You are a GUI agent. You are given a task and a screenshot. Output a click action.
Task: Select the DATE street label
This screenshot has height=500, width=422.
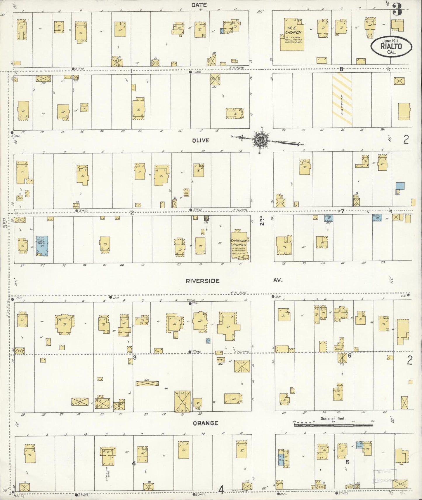(199, 5)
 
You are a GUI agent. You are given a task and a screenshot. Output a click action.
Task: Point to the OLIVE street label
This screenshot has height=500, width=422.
(201, 140)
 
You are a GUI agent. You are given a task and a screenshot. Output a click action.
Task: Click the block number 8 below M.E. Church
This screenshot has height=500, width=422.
(341, 69)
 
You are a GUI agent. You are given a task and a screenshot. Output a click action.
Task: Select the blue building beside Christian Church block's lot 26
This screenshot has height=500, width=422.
(42, 245)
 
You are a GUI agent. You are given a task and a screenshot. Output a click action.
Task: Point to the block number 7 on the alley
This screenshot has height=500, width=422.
(343, 211)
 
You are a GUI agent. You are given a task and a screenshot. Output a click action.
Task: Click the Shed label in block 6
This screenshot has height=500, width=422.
(339, 349)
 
